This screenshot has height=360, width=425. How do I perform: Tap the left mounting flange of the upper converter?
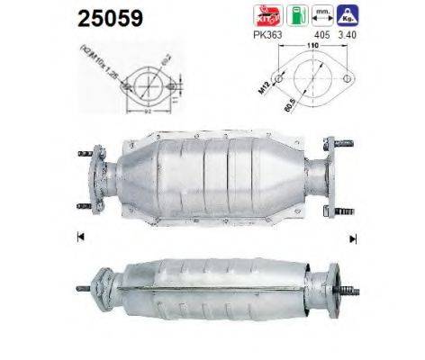(101, 176)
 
